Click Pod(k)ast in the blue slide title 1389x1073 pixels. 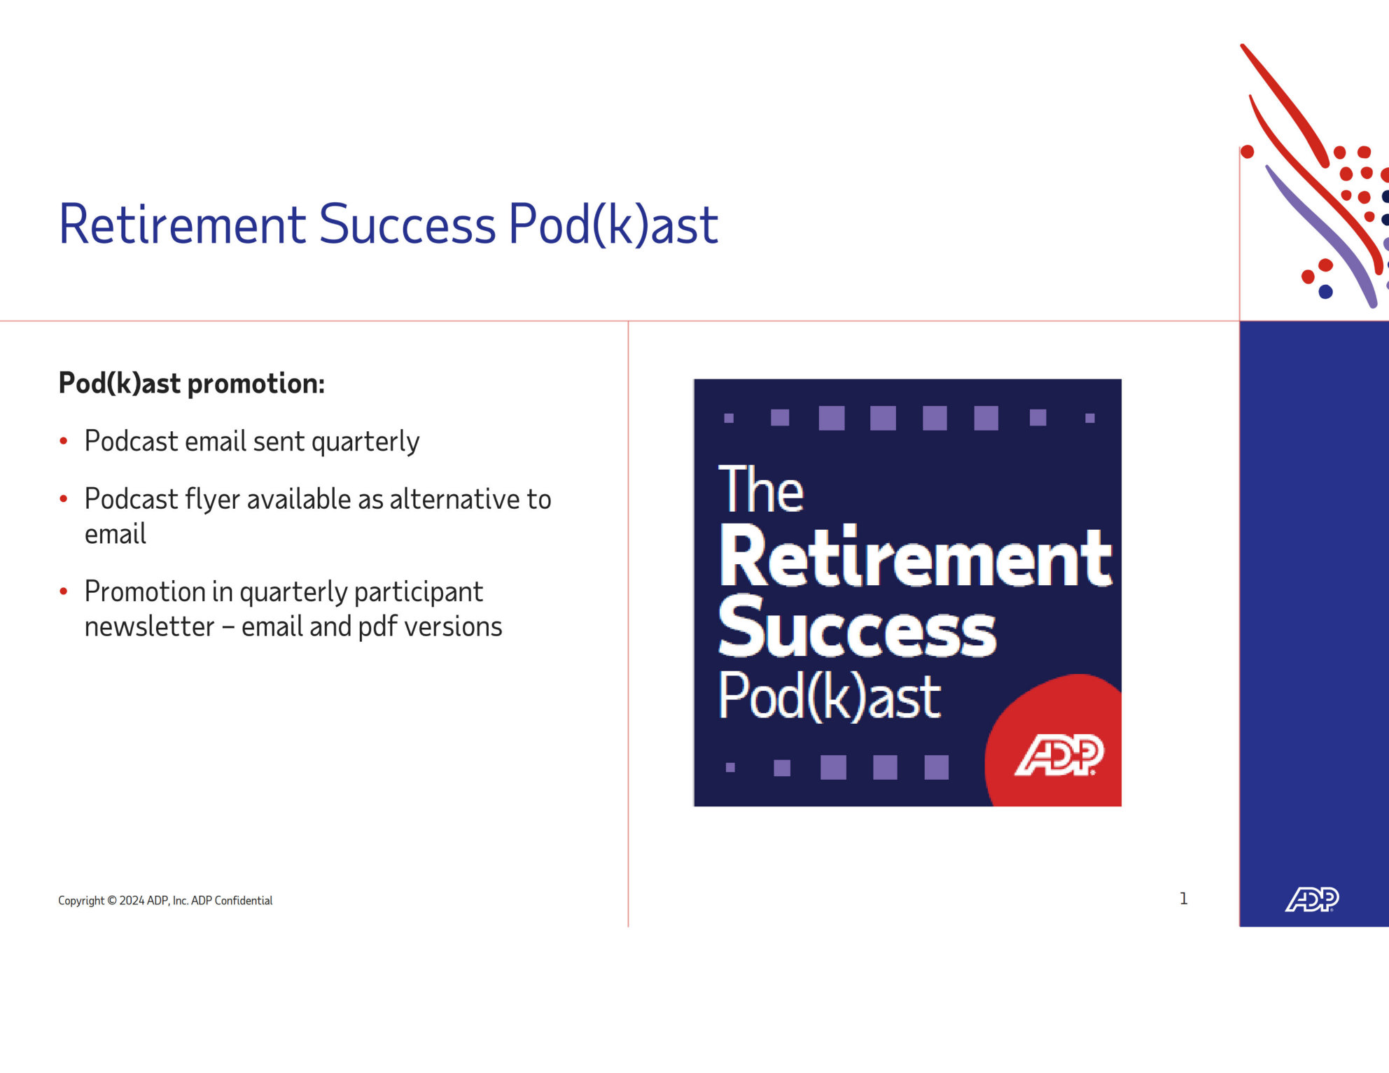613,225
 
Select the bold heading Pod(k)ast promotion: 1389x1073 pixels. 192,384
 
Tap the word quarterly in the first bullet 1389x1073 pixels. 365,442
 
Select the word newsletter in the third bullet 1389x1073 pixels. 149,626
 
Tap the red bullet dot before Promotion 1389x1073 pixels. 64,591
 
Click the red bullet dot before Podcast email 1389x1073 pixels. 64,441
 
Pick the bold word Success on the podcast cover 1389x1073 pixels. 857,627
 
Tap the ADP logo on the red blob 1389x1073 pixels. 1059,755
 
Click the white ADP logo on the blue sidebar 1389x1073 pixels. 1312,899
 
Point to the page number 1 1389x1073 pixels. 1183,899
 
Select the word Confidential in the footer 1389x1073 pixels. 244,901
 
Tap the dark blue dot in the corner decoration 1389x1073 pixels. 1325,292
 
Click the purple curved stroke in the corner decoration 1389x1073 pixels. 1323,234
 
